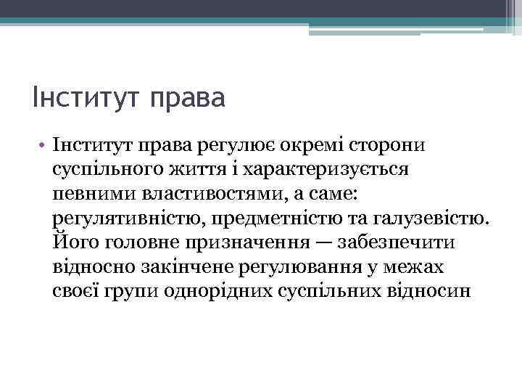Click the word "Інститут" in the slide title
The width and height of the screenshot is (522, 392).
pos(86,97)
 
